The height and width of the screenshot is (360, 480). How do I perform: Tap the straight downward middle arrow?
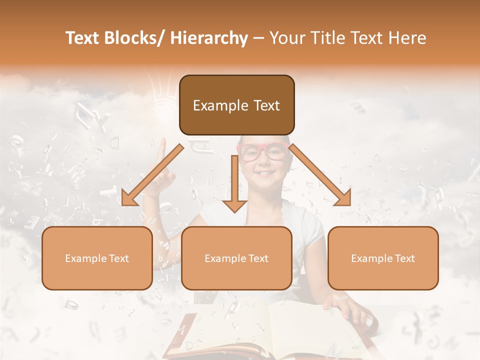tap(234, 185)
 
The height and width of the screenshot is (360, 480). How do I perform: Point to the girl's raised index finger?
tap(162, 149)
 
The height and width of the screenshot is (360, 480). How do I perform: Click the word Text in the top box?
tap(265, 105)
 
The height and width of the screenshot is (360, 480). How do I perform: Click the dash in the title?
tap(258, 38)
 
